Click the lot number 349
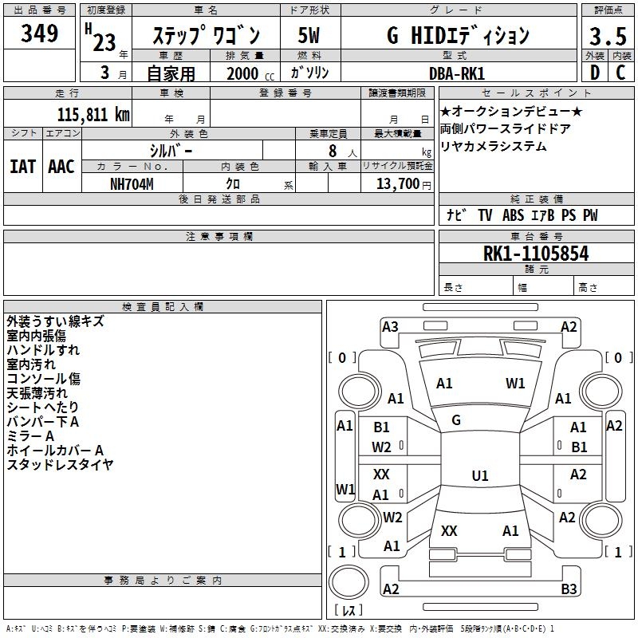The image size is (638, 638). point(40,34)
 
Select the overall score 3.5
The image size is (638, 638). point(607,36)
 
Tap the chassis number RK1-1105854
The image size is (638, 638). point(536,254)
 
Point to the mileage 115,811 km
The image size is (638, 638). point(93,115)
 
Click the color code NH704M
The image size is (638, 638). point(132,183)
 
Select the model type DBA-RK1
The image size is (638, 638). point(456,73)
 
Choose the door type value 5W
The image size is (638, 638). point(309,35)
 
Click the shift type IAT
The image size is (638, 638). point(22,167)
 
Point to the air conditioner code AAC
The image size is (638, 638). point(61,167)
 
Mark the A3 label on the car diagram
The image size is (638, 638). point(390,326)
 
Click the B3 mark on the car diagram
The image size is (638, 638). point(569,589)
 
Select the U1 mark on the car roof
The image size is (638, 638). point(480,476)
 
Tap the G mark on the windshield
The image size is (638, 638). point(456,420)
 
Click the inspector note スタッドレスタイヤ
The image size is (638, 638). point(60,464)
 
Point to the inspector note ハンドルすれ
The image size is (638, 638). point(43,350)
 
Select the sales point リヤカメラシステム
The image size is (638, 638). point(494,146)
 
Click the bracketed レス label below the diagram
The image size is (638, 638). point(351,610)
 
